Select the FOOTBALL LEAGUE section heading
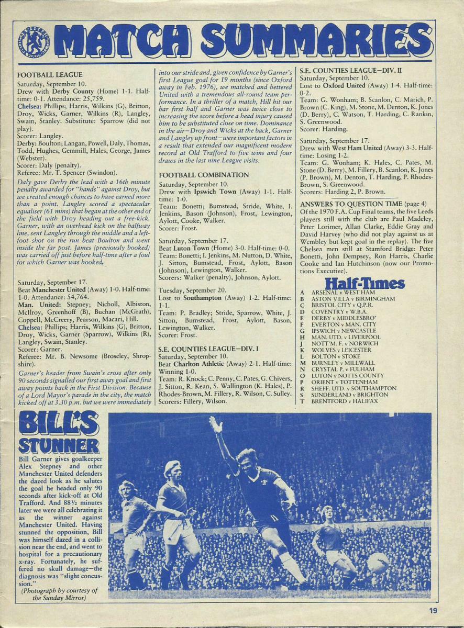coord(50,75)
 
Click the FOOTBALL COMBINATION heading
coord(204,175)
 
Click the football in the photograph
coord(377,563)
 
